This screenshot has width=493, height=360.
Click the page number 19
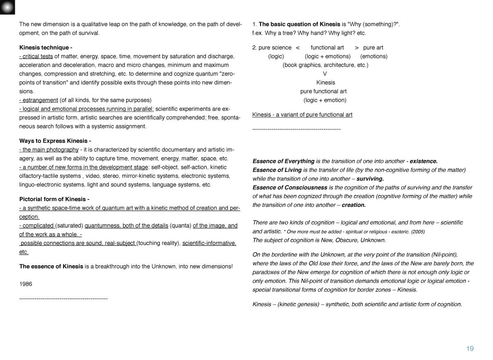pos(470,349)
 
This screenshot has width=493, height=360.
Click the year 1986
pos(25,284)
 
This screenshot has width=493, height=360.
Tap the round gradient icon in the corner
pos(7,7)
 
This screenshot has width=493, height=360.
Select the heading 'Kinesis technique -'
pos(46,47)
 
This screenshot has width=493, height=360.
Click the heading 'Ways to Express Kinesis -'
pos(55,141)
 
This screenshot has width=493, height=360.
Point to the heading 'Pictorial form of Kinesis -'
pos(54,199)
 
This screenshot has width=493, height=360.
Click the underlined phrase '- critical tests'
pos(36,56)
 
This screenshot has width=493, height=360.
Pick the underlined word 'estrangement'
pos(40,100)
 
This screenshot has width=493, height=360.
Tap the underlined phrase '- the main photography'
pos(49,149)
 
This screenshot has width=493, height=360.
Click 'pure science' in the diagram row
pos(275,47)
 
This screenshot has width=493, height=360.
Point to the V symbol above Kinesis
pos(325,74)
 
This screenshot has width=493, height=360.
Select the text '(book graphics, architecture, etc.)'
pos(325,65)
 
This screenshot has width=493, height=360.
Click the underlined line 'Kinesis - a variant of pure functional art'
pos(302,115)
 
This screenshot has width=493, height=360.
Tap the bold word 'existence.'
pos(424,161)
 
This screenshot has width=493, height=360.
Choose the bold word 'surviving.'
pos(370,179)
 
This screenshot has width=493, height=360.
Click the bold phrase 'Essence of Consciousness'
pos(290,187)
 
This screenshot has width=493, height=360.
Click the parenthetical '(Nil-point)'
pos(442,255)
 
